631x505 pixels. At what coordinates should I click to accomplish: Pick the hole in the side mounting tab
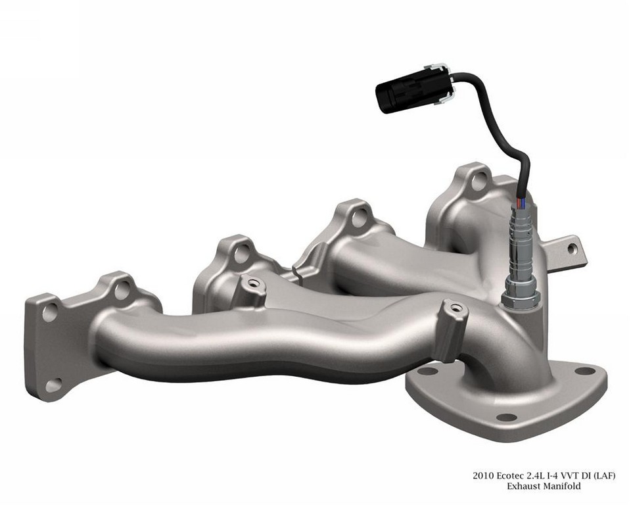click(x=571, y=249)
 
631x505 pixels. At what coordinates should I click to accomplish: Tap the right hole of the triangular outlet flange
click(x=584, y=370)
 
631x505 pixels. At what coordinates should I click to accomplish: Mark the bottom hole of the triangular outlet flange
click(x=506, y=417)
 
